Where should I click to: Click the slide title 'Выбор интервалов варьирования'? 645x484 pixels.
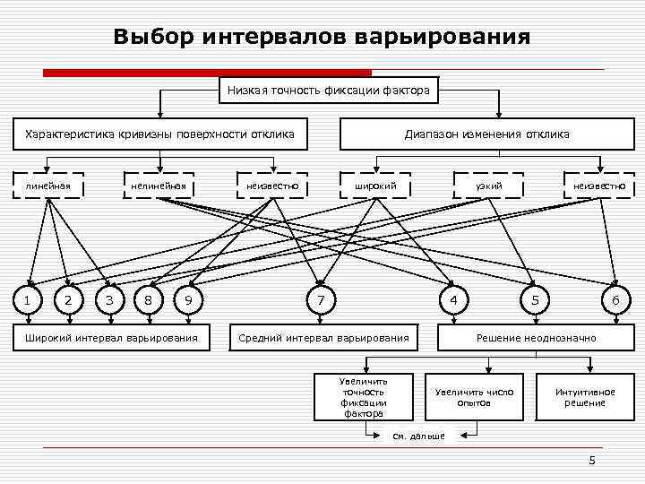322,38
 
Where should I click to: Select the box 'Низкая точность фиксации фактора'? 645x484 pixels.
329,90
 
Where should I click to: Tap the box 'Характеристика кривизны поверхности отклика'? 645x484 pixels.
160,134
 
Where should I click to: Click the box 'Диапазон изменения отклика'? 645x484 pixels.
486,134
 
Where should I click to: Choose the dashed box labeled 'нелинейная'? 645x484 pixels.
158,186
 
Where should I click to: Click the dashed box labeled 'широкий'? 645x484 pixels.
376,186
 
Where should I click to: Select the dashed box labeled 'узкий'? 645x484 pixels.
489,186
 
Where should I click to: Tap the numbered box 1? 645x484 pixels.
28,299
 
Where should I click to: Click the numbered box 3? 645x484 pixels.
108,299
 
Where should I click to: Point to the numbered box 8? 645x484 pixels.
148,299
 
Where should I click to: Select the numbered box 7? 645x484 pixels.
320,299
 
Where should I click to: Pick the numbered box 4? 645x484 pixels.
455,299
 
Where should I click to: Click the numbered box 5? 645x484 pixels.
535,299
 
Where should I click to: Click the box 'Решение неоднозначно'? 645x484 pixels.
536,337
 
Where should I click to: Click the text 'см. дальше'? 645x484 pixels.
419,436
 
